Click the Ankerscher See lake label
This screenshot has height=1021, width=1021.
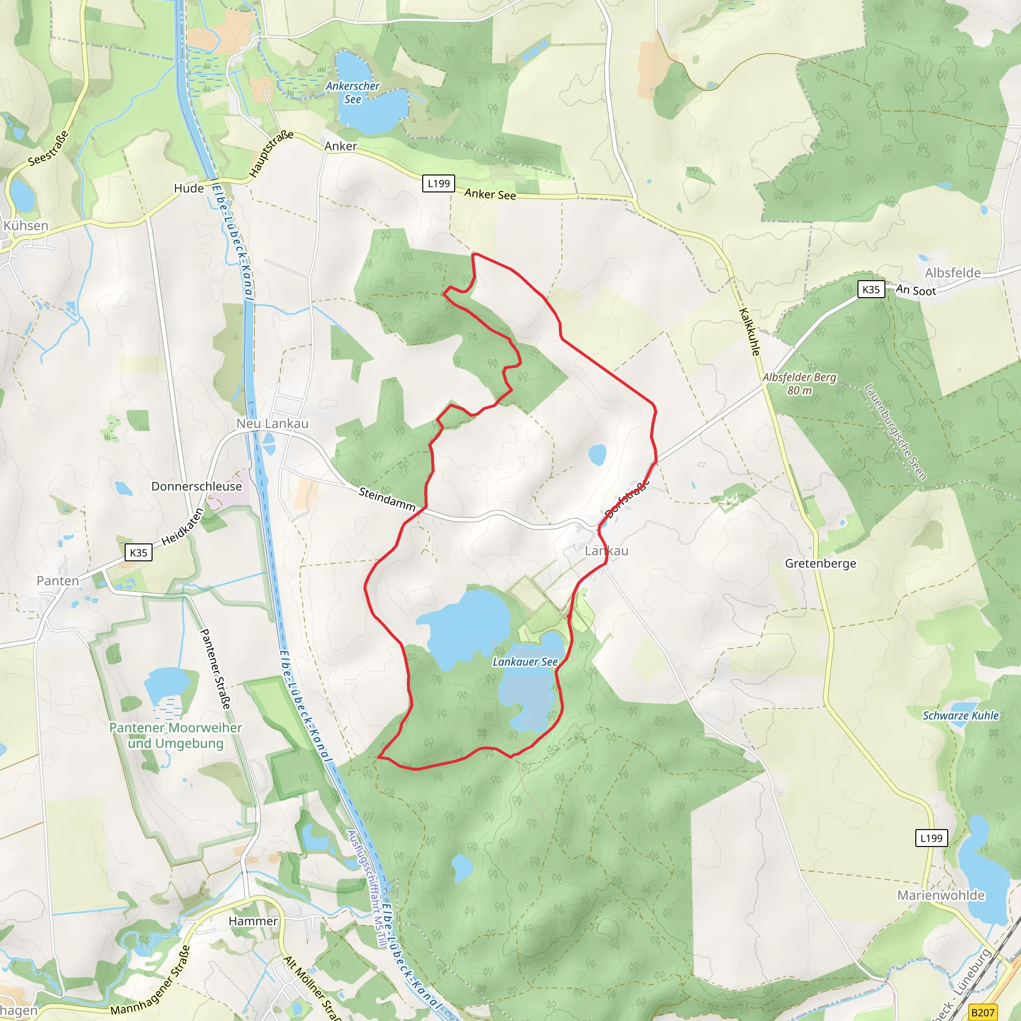[x=352, y=93]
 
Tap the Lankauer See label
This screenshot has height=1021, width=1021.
[x=525, y=662]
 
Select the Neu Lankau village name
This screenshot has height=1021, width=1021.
[x=272, y=423]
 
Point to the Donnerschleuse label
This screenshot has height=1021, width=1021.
[x=196, y=486]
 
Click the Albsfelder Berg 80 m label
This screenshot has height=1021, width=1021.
[x=799, y=384]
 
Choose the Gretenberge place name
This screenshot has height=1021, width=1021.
[x=820, y=563]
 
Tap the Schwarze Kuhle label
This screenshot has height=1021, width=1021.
[x=960, y=715]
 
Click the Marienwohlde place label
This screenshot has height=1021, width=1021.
[x=941, y=895]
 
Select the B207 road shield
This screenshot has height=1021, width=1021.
[x=983, y=1013]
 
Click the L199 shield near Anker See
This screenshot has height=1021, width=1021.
[x=439, y=183]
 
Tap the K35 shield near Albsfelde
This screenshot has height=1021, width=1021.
[x=871, y=289]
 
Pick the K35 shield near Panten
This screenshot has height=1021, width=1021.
[x=139, y=553]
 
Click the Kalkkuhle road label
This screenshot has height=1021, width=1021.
[x=749, y=332]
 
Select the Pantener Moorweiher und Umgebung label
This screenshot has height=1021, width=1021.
[x=175, y=736]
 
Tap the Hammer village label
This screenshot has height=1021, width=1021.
[x=253, y=921]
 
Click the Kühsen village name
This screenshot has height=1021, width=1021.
[x=26, y=226]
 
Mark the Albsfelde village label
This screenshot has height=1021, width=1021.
[x=952, y=273]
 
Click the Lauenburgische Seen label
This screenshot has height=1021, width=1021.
[x=895, y=432]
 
